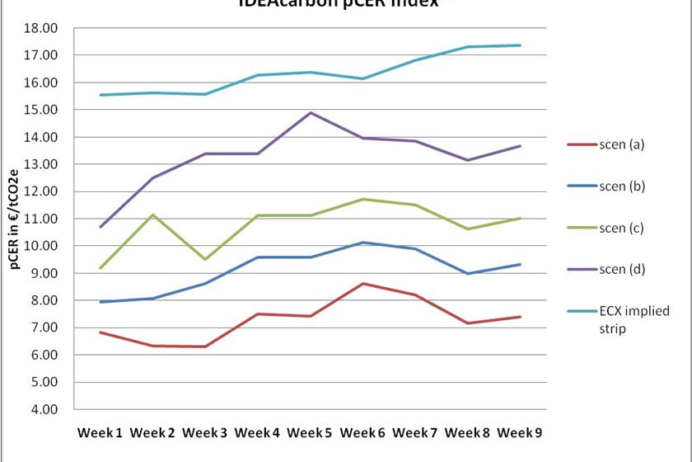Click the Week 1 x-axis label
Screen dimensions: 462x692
tap(101, 432)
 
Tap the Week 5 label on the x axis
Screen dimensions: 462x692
tap(311, 432)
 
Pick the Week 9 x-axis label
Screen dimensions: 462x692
tap(521, 432)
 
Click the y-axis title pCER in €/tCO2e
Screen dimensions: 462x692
tap(16, 218)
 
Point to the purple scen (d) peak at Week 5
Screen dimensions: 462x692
tap(311, 112)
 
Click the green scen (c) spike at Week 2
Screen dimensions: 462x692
tap(153, 214)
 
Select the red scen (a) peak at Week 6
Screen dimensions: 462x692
tap(363, 284)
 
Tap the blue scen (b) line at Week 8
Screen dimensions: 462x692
tap(468, 273)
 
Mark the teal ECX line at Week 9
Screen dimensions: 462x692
tap(521, 45)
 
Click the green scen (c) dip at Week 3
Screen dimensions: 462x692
tap(206, 259)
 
